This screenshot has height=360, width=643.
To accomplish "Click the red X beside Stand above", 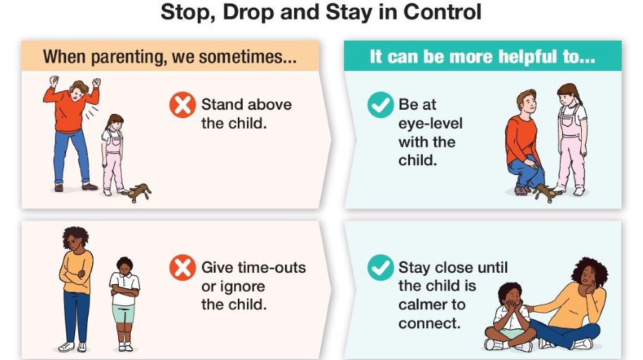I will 182,106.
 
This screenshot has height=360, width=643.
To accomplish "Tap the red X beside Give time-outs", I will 182,268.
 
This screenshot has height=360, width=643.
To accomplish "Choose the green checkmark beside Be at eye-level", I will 380,105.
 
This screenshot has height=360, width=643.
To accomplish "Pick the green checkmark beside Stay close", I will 380,268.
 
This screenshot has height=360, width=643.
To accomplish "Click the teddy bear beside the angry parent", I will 139,192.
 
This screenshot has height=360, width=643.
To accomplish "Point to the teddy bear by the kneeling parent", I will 544,191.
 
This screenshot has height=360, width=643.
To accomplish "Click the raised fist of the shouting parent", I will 51,83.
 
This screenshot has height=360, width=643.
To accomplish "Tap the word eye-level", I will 431,124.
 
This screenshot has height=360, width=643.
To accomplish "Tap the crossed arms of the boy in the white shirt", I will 124,288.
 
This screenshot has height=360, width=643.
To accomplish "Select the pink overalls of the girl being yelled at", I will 113,158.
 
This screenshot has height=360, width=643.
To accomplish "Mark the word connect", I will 429,323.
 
